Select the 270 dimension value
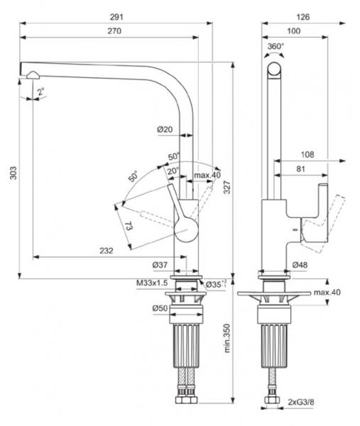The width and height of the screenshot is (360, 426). tap(115, 31)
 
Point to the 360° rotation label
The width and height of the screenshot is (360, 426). tap(276, 47)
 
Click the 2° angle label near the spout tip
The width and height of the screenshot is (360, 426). tap(40, 91)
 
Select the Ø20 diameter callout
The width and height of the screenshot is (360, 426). tap(165, 129)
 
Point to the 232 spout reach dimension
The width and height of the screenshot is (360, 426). tap(105, 250)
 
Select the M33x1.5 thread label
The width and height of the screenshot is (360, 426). tap(151, 283)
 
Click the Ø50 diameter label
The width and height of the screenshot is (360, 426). tap(159, 307)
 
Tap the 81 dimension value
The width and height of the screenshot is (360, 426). tap(301, 169)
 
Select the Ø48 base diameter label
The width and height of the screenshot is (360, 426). tap(300, 266)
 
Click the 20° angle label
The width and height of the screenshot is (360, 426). tap(173, 170)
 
